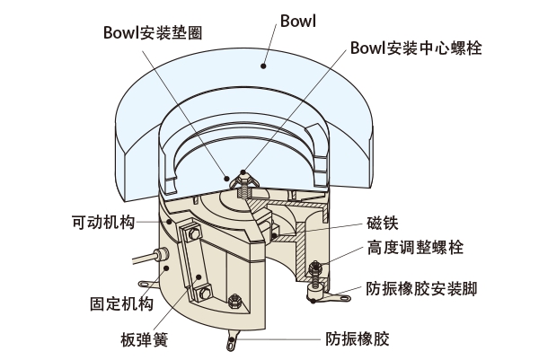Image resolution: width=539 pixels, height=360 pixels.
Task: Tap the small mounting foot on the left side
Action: click(x=155, y=285)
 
